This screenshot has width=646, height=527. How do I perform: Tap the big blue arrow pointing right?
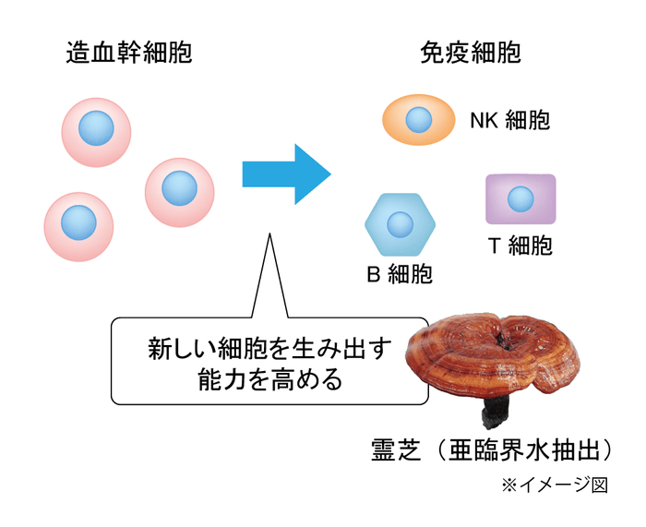[286, 174]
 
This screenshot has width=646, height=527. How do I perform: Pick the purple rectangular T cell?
[520, 199]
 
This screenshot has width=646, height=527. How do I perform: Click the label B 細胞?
[400, 274]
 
